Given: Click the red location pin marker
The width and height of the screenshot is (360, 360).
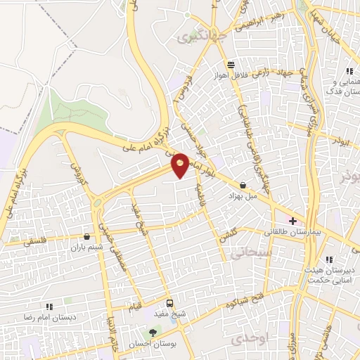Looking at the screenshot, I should pos(181,165).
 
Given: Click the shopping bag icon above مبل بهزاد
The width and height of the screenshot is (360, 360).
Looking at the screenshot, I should pos(243,185).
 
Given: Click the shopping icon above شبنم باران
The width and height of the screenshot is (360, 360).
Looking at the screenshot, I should pos(86,237).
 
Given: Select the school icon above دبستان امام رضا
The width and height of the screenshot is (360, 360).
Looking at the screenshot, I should pos(49,307).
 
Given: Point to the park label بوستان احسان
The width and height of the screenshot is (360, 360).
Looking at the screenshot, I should pos(152,344).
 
